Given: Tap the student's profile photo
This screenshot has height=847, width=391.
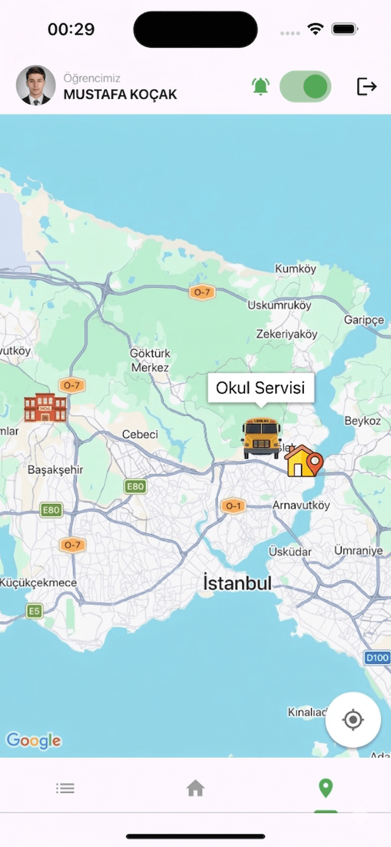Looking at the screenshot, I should [36, 85].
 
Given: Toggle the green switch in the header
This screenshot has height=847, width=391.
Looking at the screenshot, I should [305, 87].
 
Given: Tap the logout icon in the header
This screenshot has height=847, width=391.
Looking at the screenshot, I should [366, 87].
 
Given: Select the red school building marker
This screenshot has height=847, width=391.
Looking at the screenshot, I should [45, 407].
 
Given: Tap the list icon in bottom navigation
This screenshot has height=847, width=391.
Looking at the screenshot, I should [65, 788].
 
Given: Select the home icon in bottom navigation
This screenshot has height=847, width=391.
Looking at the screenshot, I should [195, 788].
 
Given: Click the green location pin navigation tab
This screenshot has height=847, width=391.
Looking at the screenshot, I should [325, 788].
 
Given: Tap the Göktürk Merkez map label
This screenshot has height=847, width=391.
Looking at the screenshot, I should [150, 360].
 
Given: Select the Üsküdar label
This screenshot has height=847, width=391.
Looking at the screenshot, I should [290, 551].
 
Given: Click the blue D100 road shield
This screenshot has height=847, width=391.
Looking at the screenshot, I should [377, 658].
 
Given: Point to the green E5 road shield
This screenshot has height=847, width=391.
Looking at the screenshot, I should [34, 611].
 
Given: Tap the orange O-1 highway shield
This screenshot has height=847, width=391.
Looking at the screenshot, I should [233, 506].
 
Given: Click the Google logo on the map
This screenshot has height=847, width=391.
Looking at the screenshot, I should [34, 740].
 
